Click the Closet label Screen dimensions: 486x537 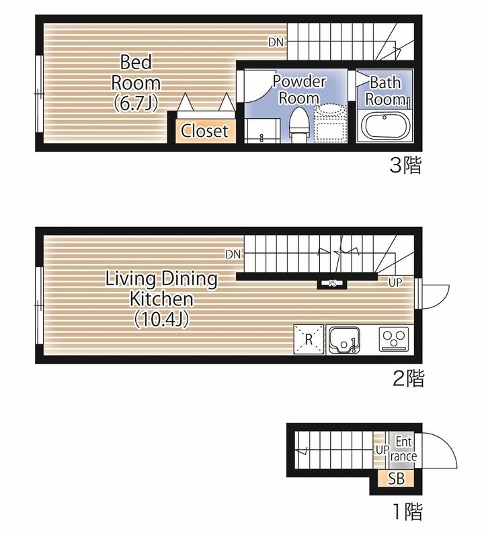(x=204, y=130)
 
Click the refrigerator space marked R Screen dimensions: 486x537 (x=309, y=339)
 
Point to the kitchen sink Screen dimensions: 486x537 (x=344, y=340)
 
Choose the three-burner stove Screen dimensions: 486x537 (x=394, y=339)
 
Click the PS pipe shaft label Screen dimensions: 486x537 (x=332, y=283)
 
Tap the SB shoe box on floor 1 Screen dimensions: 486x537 (x=396, y=479)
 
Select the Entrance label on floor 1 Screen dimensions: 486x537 (x=403, y=449)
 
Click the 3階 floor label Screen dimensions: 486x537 (x=405, y=165)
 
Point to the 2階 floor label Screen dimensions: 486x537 (x=408, y=378)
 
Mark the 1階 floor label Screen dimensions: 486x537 (x=407, y=511)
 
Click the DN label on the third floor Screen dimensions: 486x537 (x=276, y=42)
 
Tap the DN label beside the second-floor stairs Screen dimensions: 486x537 (x=233, y=254)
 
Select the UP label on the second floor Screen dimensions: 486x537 (x=395, y=283)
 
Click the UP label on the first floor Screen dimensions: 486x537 (x=382, y=450)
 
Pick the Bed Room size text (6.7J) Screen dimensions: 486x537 (x=136, y=103)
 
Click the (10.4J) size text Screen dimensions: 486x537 (x=161, y=320)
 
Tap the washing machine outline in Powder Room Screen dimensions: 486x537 (x=330, y=123)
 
